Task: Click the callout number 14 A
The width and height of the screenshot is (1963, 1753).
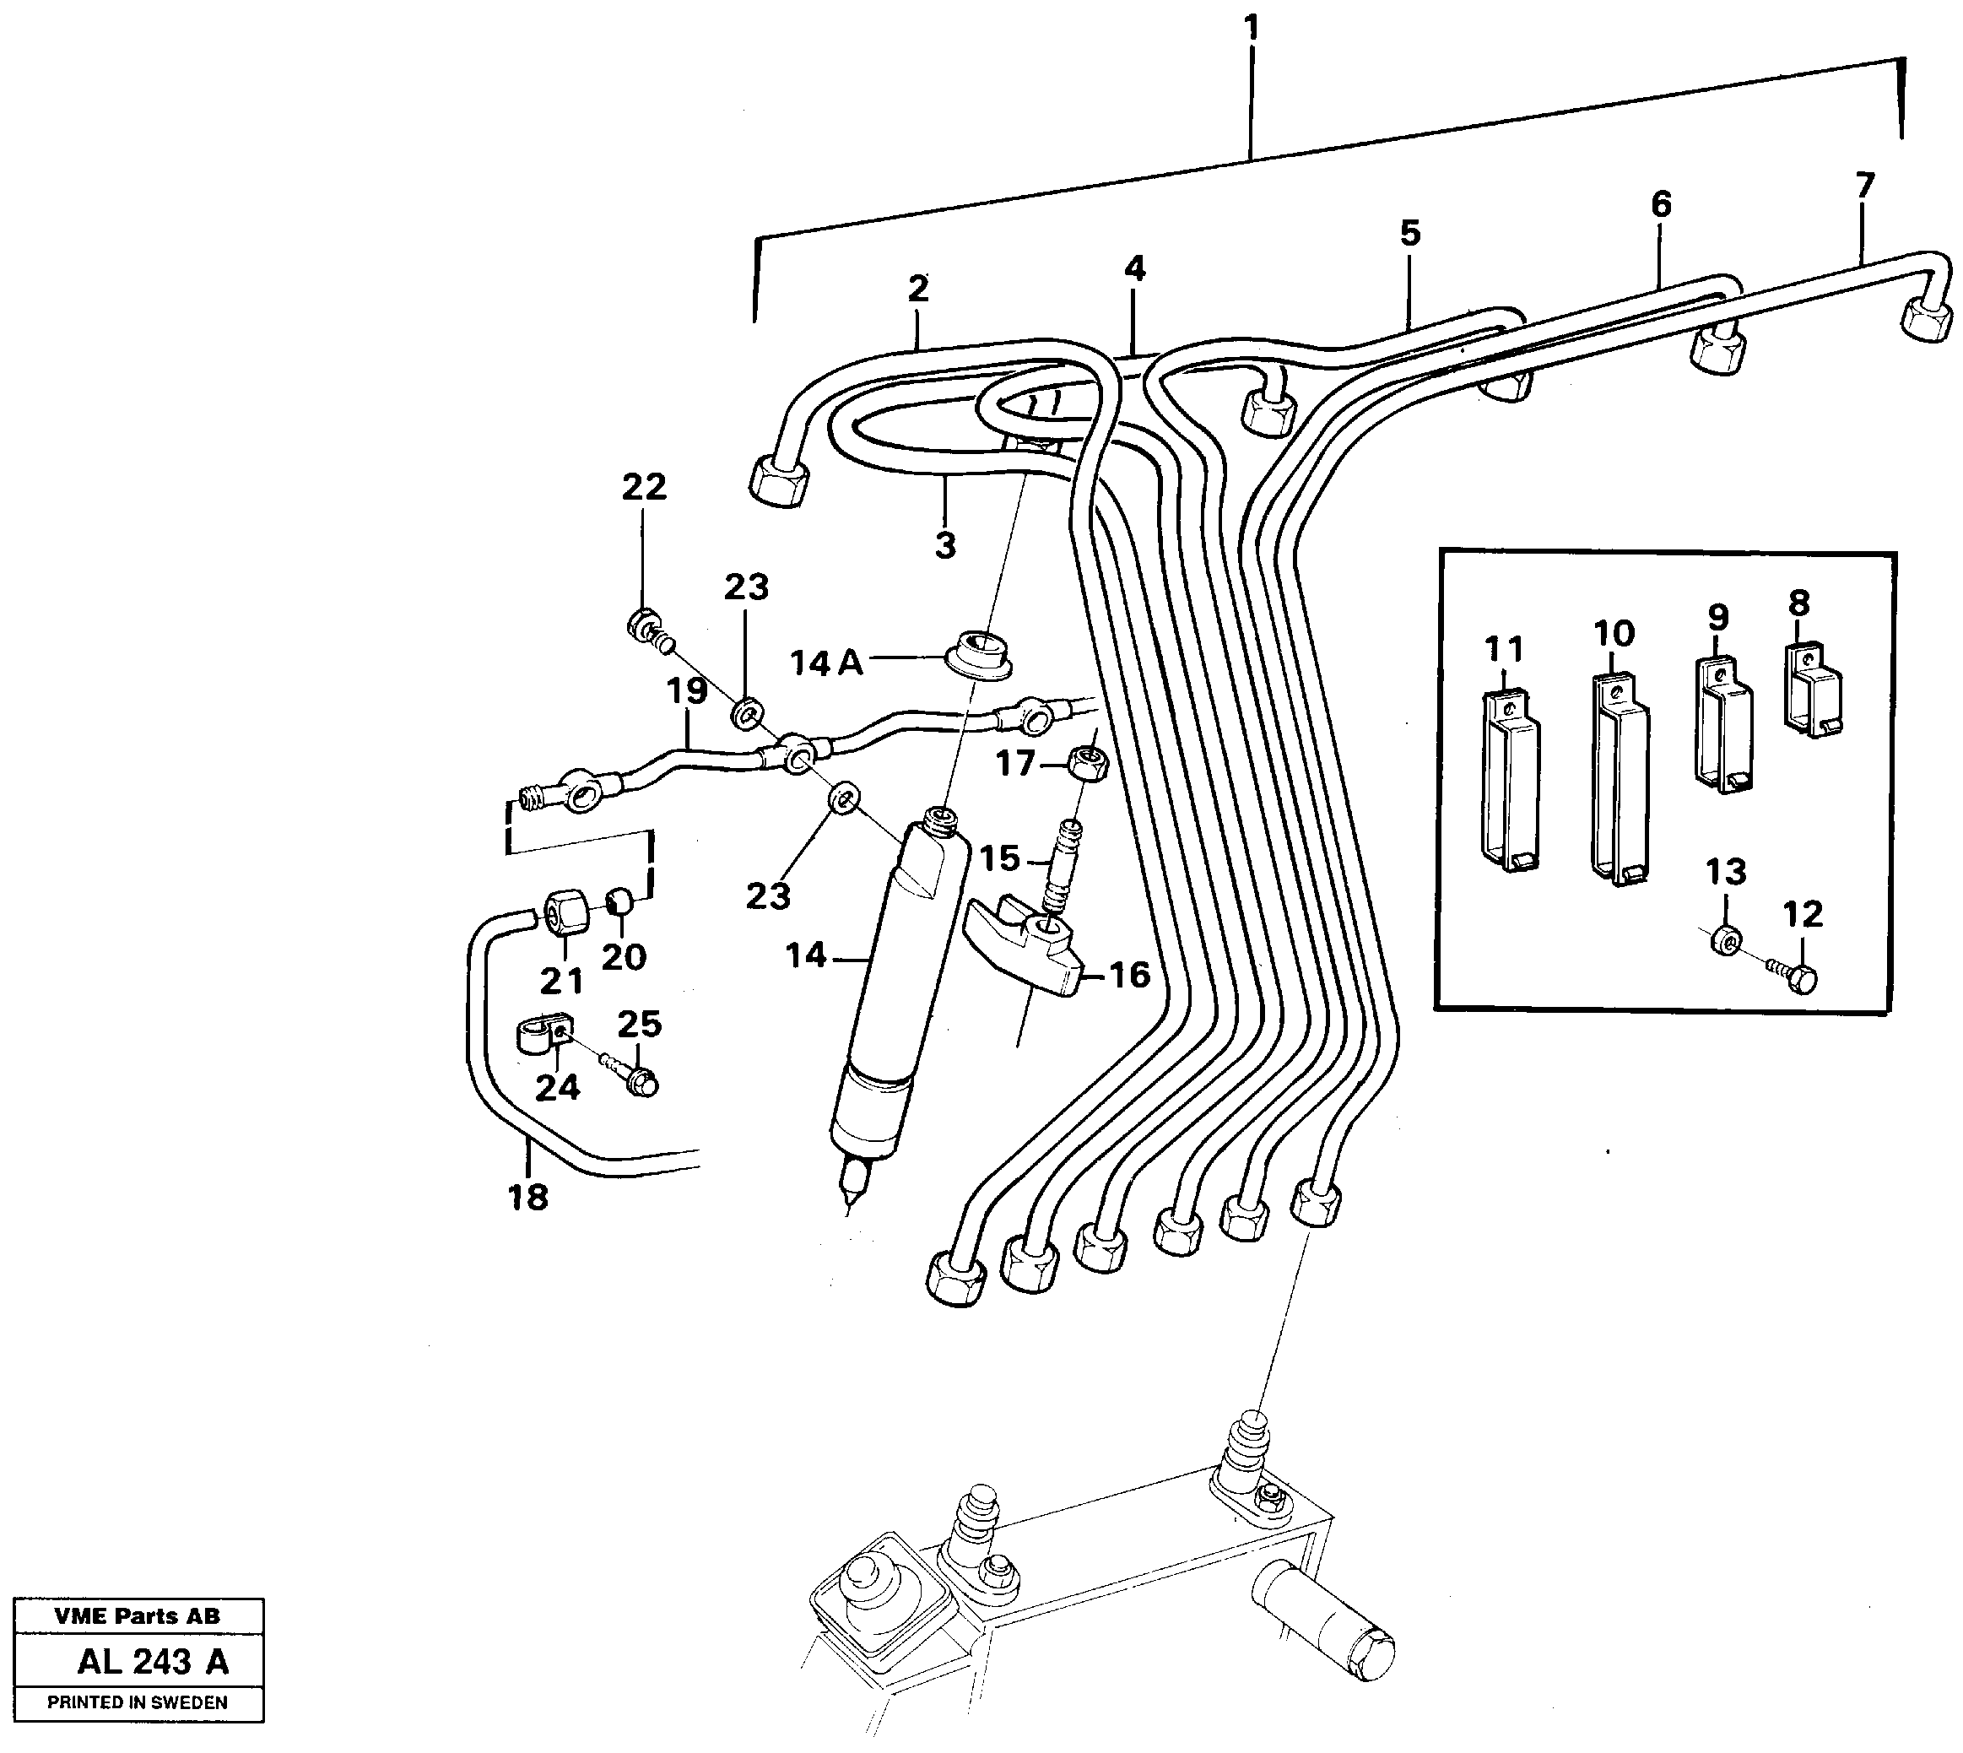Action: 825,663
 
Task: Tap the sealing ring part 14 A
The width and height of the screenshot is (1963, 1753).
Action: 980,654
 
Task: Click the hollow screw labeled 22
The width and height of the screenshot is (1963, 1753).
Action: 645,625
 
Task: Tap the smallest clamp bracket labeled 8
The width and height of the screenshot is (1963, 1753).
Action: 1813,689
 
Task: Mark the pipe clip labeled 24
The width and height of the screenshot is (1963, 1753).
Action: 539,1035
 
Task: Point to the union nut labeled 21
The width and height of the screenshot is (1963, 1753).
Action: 564,912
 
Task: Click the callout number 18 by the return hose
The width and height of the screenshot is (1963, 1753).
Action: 527,1198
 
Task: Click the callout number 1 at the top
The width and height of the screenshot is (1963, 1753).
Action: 1252,28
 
